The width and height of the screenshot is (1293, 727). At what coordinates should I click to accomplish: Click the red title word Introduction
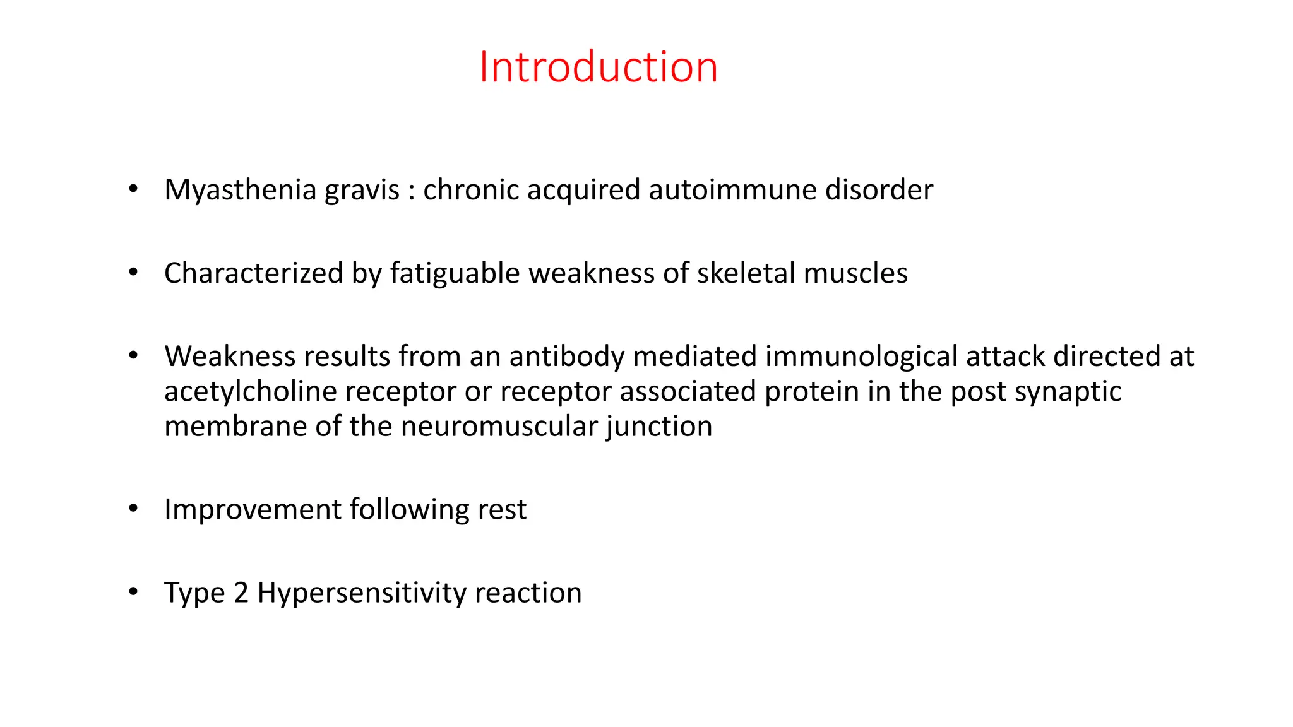tap(598, 67)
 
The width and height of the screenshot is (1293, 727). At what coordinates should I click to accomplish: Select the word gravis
tap(362, 190)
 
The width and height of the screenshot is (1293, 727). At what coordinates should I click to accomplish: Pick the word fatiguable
tap(455, 273)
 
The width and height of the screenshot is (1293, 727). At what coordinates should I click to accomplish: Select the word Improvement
tap(253, 510)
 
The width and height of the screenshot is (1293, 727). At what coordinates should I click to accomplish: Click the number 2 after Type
tap(241, 593)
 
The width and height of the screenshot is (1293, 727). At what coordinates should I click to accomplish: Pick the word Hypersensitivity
tap(361, 593)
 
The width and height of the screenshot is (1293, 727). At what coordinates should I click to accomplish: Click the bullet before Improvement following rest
tap(133, 509)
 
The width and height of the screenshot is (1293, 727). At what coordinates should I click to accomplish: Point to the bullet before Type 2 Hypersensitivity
tap(133, 592)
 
